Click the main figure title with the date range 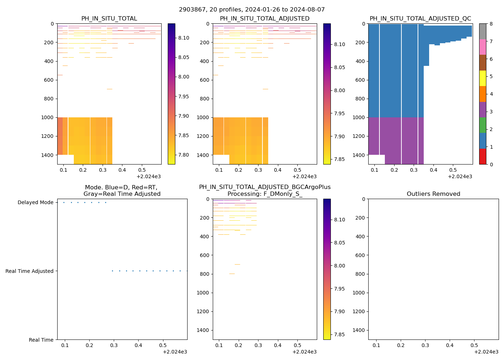click(x=252, y=10)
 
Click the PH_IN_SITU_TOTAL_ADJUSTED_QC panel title click(x=420, y=19)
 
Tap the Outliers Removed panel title click(x=433, y=194)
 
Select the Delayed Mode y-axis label click(x=35, y=203)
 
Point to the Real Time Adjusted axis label click(x=30, y=271)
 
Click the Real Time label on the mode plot click(x=41, y=340)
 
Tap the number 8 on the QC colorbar click(x=491, y=24)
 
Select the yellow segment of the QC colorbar click(x=482, y=78)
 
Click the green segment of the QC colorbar click(x=482, y=125)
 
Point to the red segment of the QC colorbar click(x=482, y=157)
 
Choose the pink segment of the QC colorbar click(x=482, y=47)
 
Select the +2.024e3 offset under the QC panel click(x=460, y=176)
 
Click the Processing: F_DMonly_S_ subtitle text click(x=265, y=194)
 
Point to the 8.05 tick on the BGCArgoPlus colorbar click(x=339, y=243)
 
